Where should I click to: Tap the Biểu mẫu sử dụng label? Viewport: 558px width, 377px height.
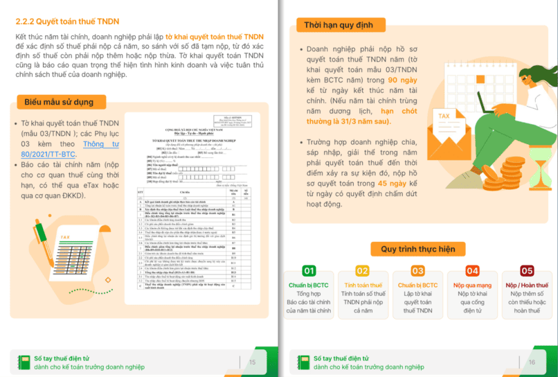(x=59, y=102)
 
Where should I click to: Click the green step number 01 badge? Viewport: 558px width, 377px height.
(x=309, y=271)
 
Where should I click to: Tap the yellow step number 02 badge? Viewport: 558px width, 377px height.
(x=362, y=271)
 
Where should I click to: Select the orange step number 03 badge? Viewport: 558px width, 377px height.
(x=417, y=271)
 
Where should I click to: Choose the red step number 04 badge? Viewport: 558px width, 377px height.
(x=472, y=271)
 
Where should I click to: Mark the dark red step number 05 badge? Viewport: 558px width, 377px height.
(x=527, y=271)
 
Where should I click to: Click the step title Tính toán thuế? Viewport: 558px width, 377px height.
(x=363, y=285)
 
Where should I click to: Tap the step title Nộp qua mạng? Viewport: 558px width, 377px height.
(x=472, y=285)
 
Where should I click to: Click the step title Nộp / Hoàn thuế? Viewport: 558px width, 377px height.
(x=527, y=285)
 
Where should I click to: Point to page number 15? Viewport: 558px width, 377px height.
(x=252, y=362)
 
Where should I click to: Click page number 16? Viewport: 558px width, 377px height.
(x=532, y=362)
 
